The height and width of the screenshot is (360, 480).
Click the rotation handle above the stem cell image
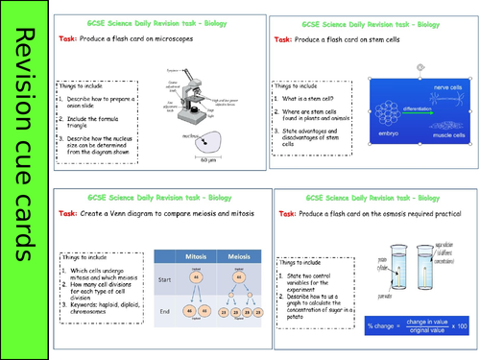tap(420, 68)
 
